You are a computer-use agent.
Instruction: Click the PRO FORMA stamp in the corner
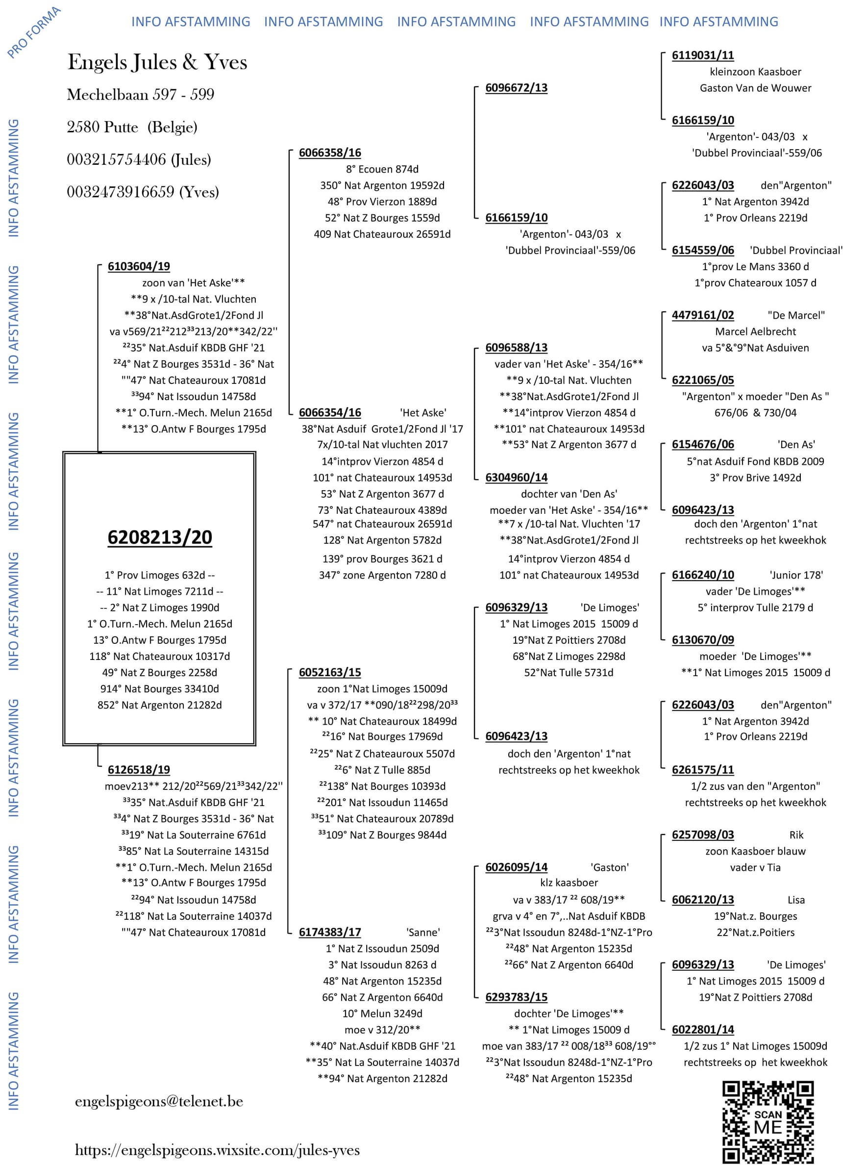click(34, 32)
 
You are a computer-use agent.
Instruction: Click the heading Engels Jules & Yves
click(157, 62)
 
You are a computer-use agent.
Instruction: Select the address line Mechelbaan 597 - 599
click(140, 95)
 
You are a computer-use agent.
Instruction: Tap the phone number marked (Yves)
click(143, 192)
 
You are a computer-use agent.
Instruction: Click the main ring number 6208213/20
click(160, 537)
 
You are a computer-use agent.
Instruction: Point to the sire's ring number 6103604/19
click(139, 266)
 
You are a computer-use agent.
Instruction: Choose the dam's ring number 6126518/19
click(139, 769)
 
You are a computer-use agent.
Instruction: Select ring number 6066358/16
click(329, 152)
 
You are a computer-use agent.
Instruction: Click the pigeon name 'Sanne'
click(422, 932)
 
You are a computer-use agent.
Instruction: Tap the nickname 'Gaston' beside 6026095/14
click(609, 867)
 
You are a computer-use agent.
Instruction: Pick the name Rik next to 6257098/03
click(796, 835)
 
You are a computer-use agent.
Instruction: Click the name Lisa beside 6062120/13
click(796, 900)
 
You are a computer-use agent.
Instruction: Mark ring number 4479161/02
click(702, 315)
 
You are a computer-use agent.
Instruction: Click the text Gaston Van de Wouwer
click(755, 88)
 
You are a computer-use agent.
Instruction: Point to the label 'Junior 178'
click(796, 575)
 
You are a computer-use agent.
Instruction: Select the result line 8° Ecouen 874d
click(382, 169)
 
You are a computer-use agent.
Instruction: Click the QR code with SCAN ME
click(768, 1121)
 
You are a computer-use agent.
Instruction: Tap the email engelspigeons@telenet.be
click(159, 1102)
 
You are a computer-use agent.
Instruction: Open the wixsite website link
click(217, 1150)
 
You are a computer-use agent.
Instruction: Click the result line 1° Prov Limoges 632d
click(160, 575)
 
